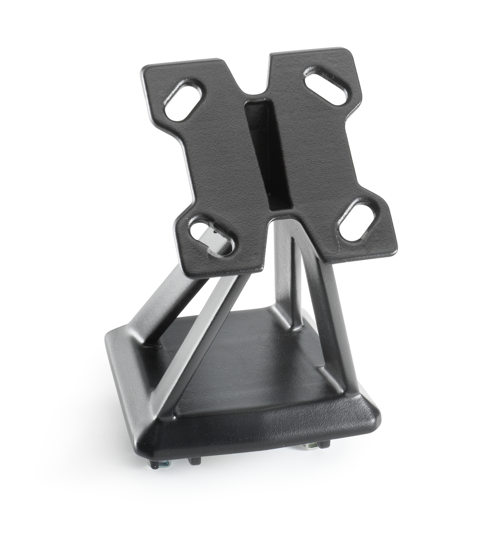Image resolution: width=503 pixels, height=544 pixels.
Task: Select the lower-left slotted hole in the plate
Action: click(x=211, y=234)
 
